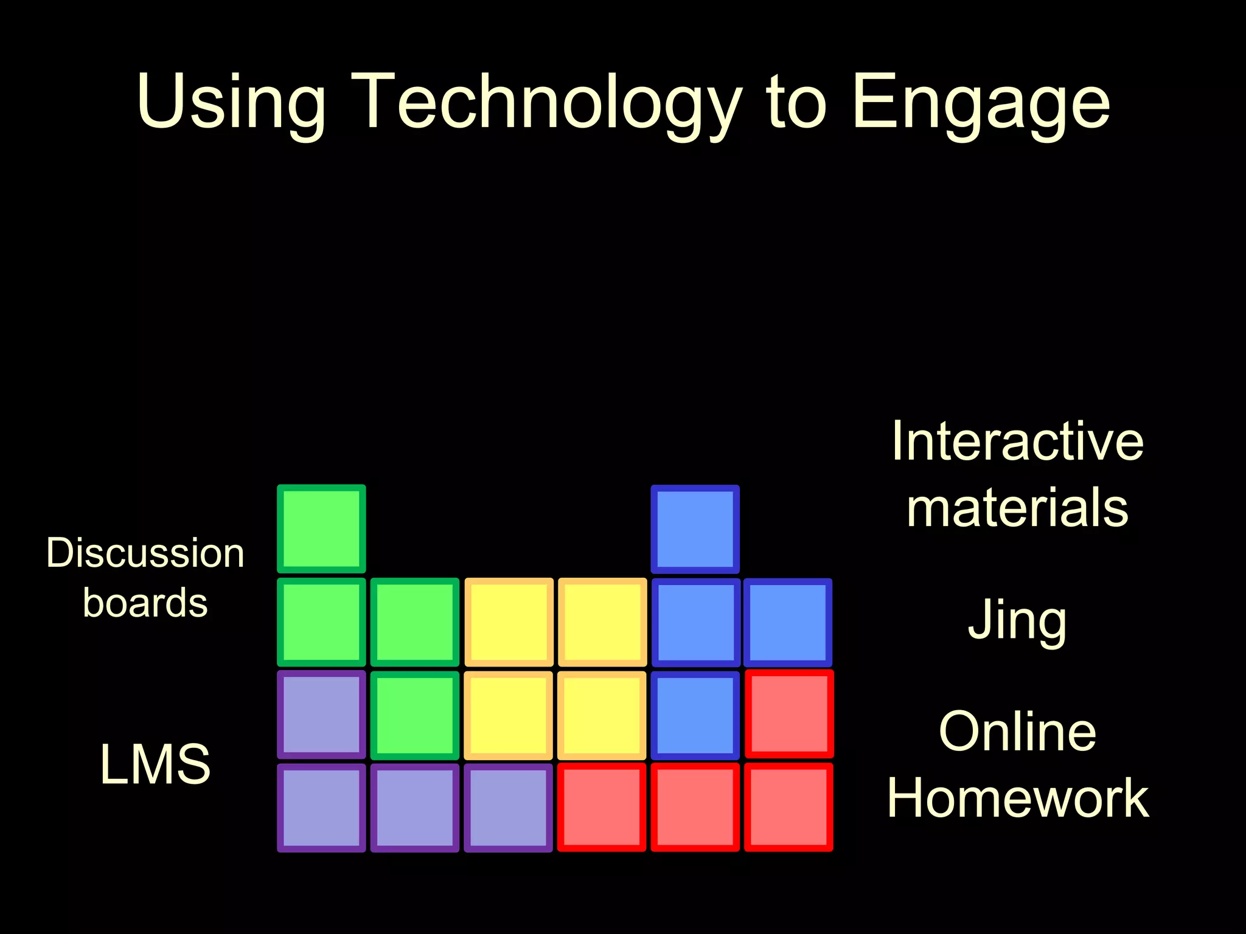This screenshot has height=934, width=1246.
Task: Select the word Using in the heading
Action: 232,102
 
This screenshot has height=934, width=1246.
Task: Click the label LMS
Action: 155,764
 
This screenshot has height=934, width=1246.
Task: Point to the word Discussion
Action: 145,553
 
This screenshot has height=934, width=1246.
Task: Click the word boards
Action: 145,603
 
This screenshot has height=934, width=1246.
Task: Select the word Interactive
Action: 1017,441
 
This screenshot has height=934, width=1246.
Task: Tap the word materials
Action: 1017,508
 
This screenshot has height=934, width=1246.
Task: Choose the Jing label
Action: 1017,620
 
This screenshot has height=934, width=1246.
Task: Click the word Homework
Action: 1017,798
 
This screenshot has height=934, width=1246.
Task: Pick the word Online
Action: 1017,732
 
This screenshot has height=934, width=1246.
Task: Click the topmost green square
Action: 321,529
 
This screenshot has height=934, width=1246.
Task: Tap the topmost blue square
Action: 695,529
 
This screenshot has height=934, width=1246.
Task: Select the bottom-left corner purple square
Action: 321,808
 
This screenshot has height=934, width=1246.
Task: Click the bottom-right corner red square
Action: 788,808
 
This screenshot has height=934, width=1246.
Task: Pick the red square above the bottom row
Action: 788,714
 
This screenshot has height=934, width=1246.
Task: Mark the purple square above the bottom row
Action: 321,714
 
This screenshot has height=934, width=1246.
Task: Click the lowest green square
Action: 415,714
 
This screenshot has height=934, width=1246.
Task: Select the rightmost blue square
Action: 788,622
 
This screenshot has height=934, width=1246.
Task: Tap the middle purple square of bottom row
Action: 415,808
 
